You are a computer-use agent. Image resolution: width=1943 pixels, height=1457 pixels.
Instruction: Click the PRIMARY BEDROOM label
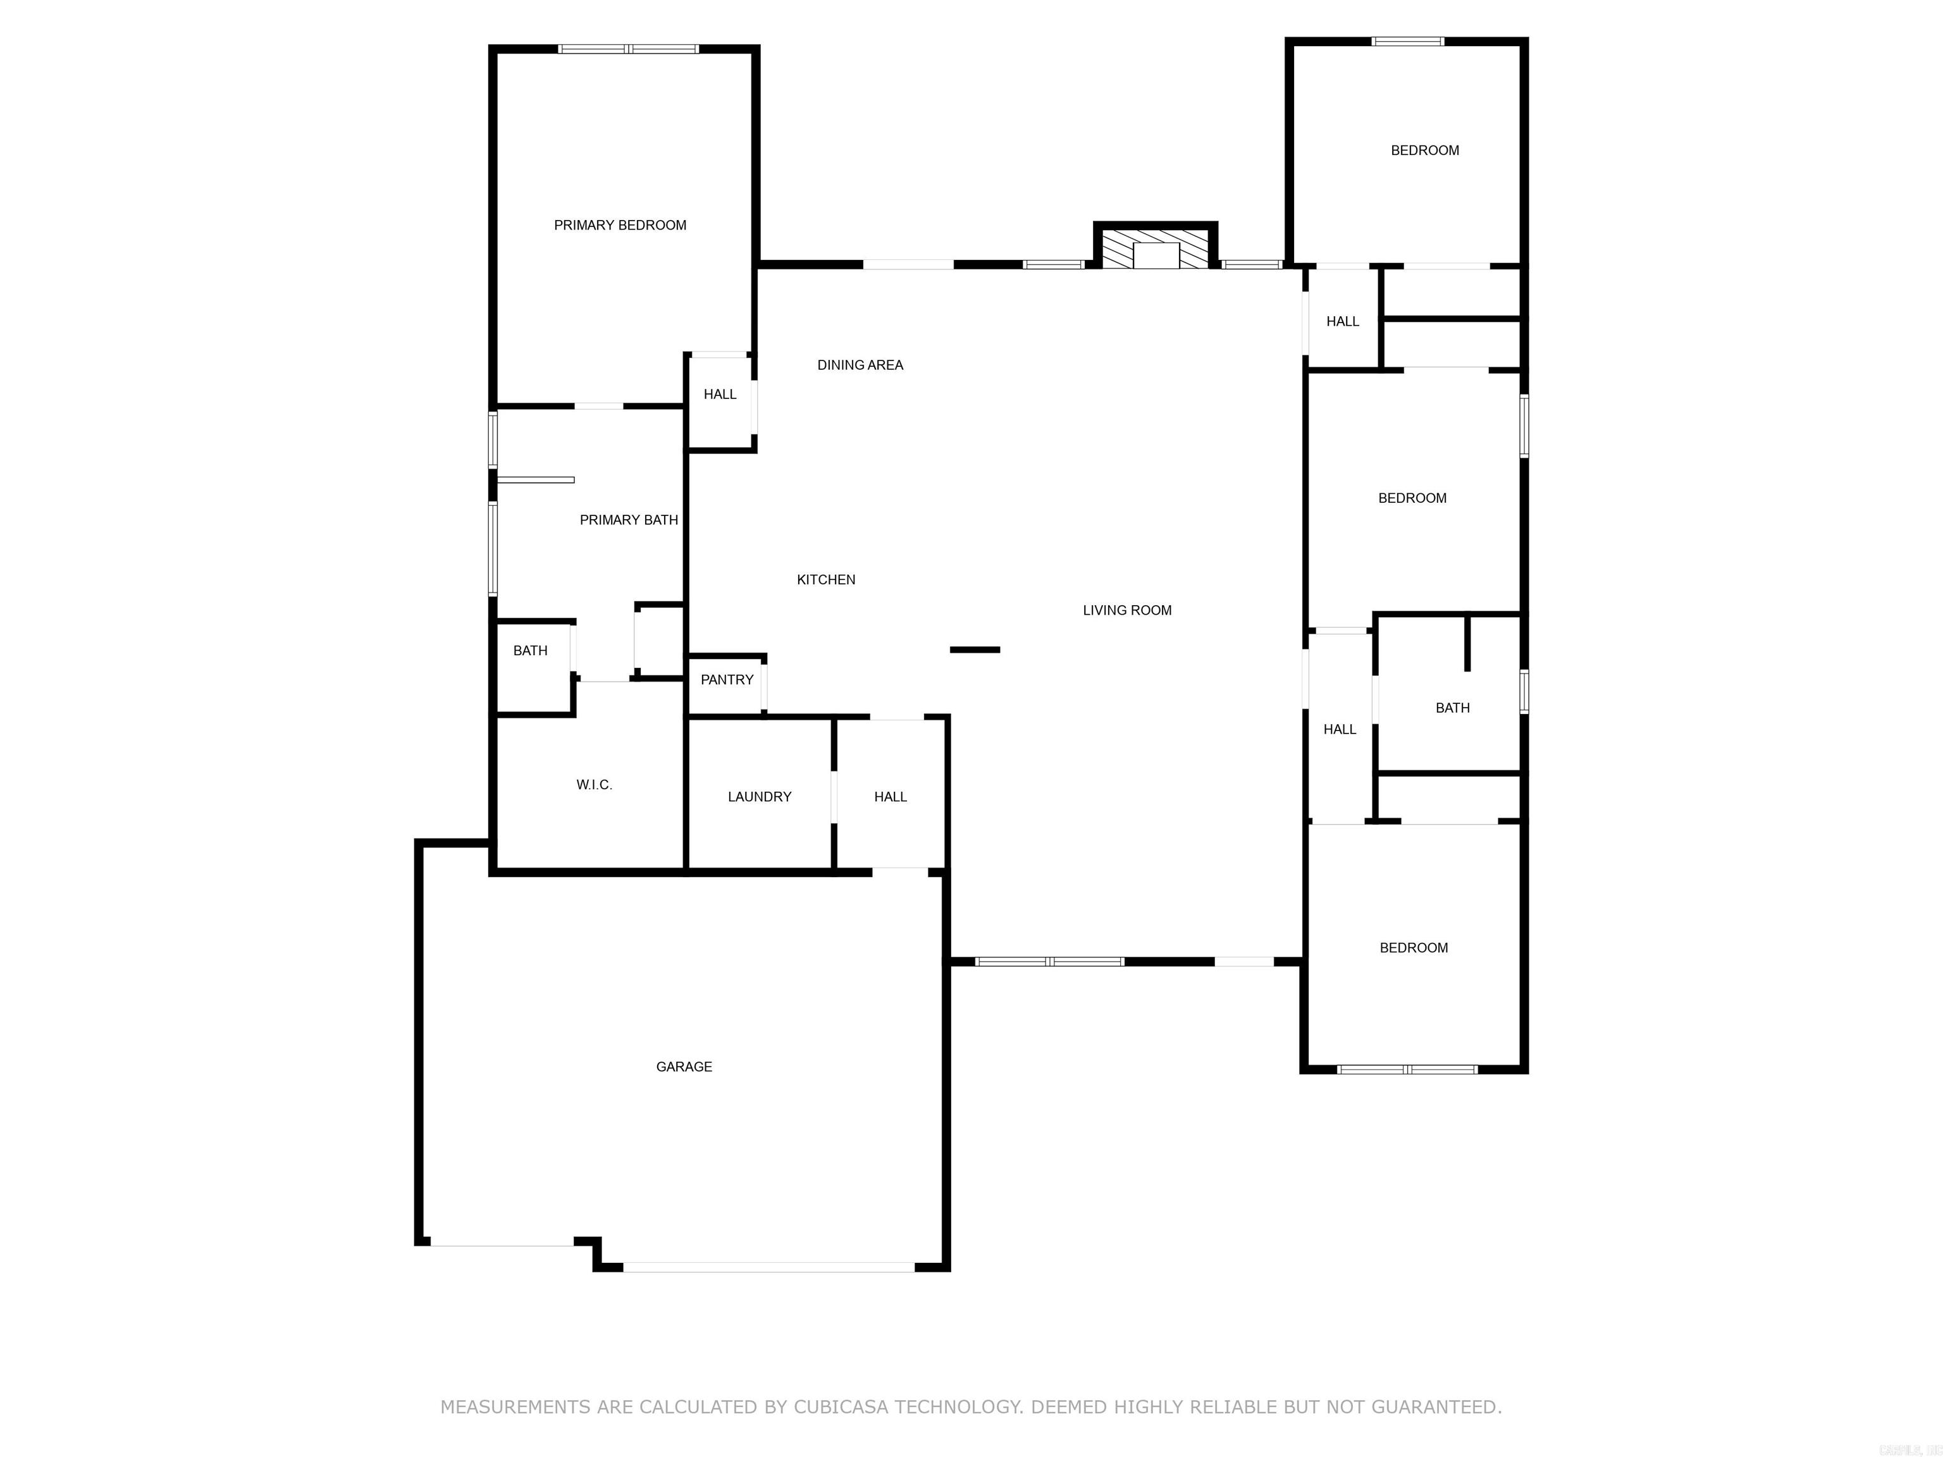[x=619, y=226]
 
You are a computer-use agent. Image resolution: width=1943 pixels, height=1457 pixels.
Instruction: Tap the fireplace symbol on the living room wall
[x=1155, y=249]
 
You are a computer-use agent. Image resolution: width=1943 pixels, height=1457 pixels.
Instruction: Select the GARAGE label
[x=683, y=1066]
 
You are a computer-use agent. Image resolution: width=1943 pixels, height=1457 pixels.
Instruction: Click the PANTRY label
[x=727, y=680]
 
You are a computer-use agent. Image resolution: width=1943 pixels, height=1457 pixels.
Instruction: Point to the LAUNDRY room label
[x=759, y=797]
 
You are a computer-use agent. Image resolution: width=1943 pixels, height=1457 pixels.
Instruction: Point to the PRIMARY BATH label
[x=628, y=520]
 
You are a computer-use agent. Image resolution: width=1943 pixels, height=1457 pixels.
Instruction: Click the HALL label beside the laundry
[x=890, y=797]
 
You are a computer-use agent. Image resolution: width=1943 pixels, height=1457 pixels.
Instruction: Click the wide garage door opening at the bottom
[x=768, y=1267]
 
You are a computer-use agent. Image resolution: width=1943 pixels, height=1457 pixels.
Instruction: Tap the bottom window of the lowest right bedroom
[x=1407, y=1069]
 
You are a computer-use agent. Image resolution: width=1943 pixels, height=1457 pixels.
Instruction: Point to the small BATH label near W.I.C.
[x=529, y=651]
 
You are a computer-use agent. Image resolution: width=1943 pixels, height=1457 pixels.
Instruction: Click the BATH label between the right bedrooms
[x=1452, y=708]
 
